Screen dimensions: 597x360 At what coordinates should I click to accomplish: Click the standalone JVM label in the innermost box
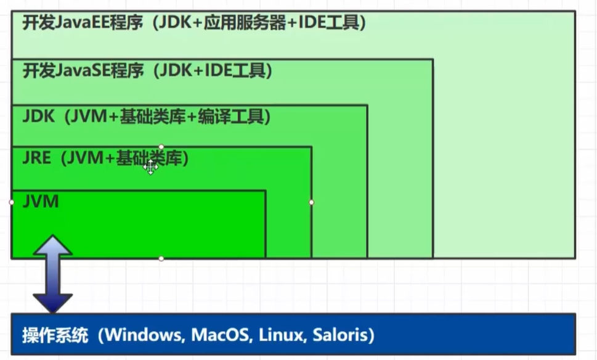41,201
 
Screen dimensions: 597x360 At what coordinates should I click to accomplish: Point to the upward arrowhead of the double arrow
52,243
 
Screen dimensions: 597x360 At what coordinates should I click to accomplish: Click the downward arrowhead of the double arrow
52,303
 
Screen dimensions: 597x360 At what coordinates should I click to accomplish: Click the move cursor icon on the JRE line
150,166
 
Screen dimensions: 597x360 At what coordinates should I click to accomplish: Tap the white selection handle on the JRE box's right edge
311,202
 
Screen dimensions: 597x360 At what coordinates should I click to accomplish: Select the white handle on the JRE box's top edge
161,147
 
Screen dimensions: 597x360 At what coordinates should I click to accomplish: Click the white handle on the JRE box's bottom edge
161,258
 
